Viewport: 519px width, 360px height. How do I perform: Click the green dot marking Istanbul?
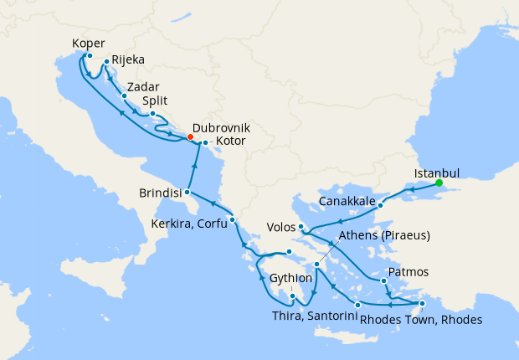point(439,183)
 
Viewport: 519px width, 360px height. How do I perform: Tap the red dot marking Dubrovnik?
point(190,137)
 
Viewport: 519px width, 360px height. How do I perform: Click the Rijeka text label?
point(128,60)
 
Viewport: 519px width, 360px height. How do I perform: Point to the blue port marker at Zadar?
point(125,95)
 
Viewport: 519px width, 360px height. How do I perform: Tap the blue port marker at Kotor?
point(205,143)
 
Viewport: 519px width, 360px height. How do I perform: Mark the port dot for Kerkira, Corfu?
point(232,220)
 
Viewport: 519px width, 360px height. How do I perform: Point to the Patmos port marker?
point(383,280)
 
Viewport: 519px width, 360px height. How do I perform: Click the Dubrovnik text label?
point(221,129)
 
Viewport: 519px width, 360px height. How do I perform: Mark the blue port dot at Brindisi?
point(189,193)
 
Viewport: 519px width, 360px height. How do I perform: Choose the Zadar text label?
point(143,86)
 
